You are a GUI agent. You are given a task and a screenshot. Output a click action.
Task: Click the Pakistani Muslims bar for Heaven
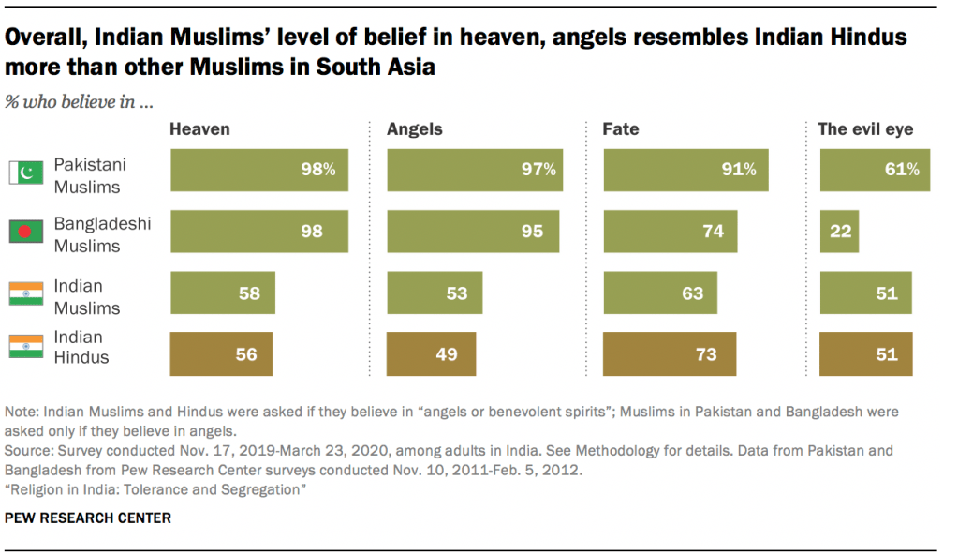[x=259, y=170]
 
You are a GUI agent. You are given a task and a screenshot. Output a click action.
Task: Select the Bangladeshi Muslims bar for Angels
[x=473, y=231]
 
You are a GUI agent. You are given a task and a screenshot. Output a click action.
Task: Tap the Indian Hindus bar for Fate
[x=670, y=353]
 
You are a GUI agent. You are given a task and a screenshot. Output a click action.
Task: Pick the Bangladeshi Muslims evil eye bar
[x=839, y=231]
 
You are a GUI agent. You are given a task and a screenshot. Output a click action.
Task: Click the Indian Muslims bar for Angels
[x=435, y=293]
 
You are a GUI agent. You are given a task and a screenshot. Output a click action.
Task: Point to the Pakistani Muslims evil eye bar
[x=875, y=170]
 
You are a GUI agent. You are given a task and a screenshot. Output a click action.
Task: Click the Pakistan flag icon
[x=26, y=173]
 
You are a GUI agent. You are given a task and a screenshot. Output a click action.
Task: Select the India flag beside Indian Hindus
[x=26, y=348]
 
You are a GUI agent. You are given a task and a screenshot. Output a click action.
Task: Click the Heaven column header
[x=199, y=129]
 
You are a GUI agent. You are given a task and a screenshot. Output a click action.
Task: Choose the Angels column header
[x=415, y=129]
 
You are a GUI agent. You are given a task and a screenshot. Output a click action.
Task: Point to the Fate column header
[x=621, y=129]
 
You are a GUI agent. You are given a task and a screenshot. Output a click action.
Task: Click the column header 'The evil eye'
[x=865, y=129]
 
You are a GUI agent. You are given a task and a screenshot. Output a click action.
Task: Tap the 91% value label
[x=738, y=170]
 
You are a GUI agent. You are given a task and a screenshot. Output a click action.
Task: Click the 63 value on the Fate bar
[x=692, y=293]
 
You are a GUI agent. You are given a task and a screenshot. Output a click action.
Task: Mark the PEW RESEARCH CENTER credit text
[x=88, y=518]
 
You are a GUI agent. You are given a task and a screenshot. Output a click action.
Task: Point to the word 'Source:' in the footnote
[x=29, y=451]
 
